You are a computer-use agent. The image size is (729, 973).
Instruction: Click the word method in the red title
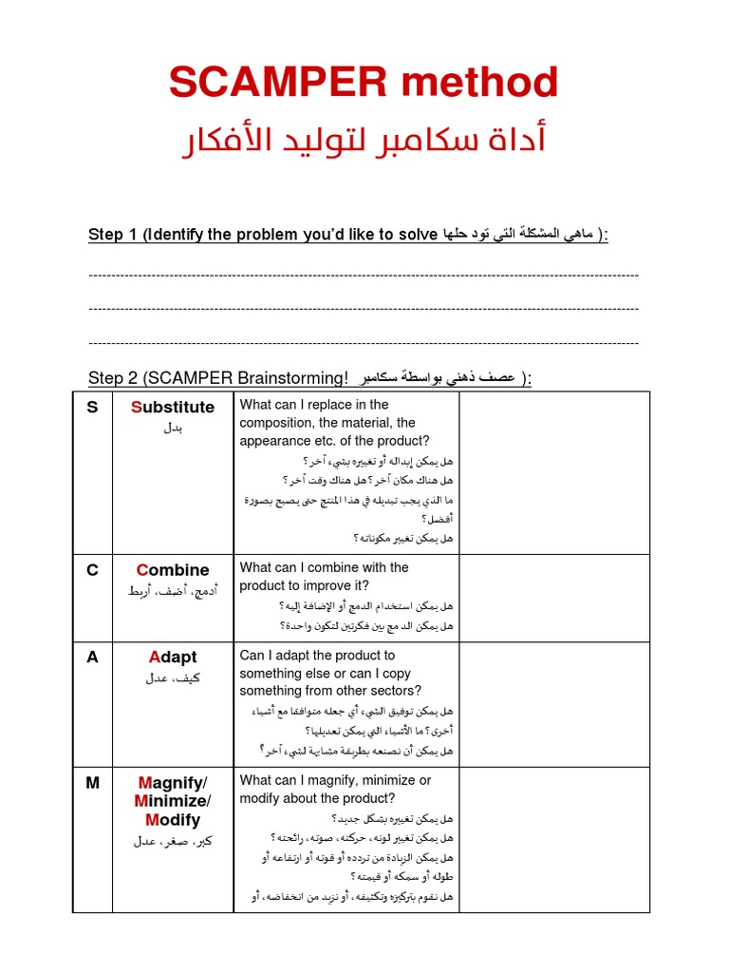tap(479, 84)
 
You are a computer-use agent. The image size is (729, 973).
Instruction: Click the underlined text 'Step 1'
tap(112, 235)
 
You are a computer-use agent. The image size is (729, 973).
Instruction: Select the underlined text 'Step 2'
tap(112, 378)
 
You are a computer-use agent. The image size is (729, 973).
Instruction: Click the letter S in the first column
tap(92, 408)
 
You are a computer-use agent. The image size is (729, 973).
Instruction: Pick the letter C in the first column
tap(92, 570)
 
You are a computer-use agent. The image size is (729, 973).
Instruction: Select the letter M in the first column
tap(92, 783)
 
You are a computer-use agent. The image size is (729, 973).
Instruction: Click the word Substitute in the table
tap(173, 408)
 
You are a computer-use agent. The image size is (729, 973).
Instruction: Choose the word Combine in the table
tap(173, 570)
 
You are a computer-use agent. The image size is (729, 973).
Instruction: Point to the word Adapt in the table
tap(173, 658)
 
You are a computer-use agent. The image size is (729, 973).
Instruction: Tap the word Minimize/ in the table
tap(173, 801)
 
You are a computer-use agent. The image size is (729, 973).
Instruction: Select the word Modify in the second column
tap(173, 820)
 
